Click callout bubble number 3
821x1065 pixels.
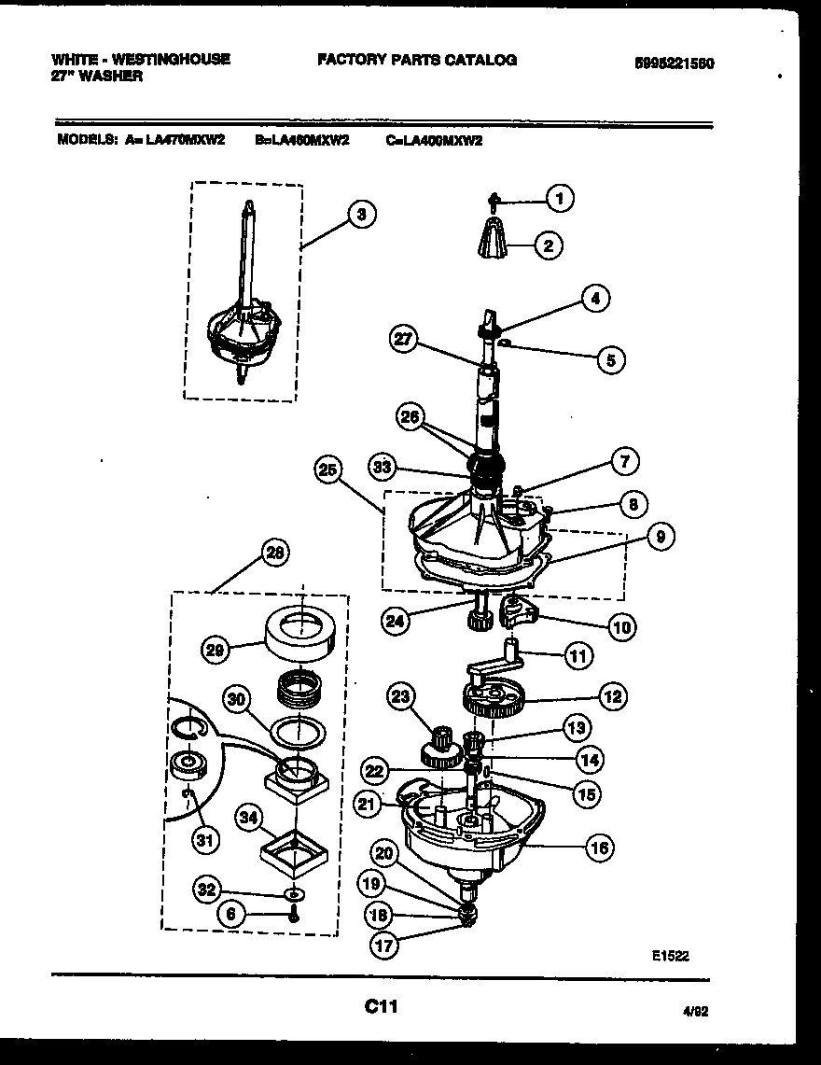pos(361,215)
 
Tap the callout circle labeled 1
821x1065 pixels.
pos(559,198)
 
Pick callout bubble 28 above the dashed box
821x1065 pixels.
pos(273,553)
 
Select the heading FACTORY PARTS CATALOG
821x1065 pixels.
pos(416,60)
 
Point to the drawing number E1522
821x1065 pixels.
pos(671,955)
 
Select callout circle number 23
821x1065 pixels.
pos(401,695)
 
